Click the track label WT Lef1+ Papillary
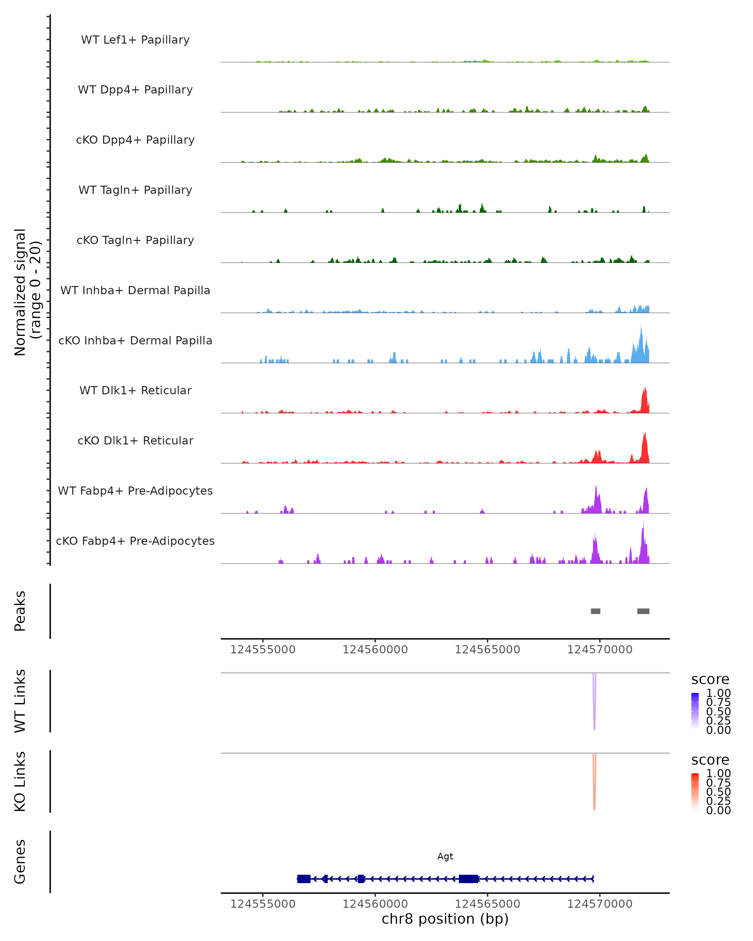135,40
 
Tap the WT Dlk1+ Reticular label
135,390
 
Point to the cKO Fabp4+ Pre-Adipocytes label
135,541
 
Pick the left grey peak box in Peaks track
595,611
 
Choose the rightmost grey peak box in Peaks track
643,611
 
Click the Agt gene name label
445,856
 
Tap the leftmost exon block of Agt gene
304,879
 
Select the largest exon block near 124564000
468,879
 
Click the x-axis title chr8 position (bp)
445,919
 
